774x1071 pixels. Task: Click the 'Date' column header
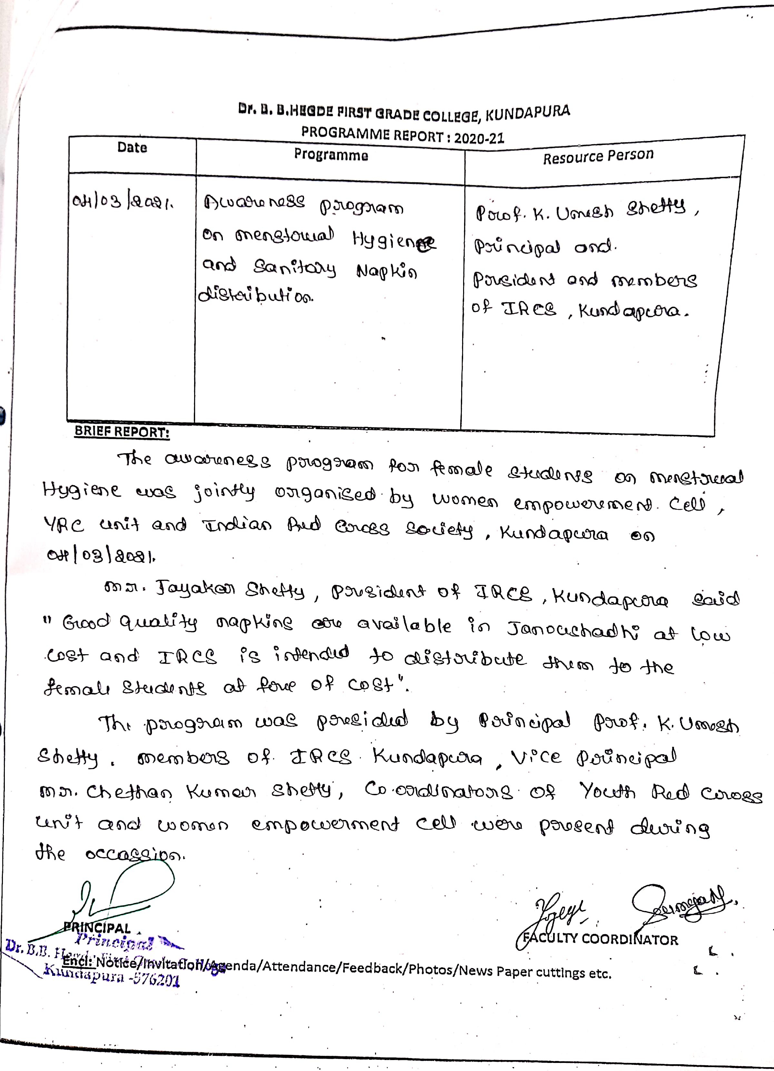tap(132, 147)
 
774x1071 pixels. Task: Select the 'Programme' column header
tap(331, 155)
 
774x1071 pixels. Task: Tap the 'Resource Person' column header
tap(598, 156)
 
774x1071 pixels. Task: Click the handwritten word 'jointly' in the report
tap(224, 493)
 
